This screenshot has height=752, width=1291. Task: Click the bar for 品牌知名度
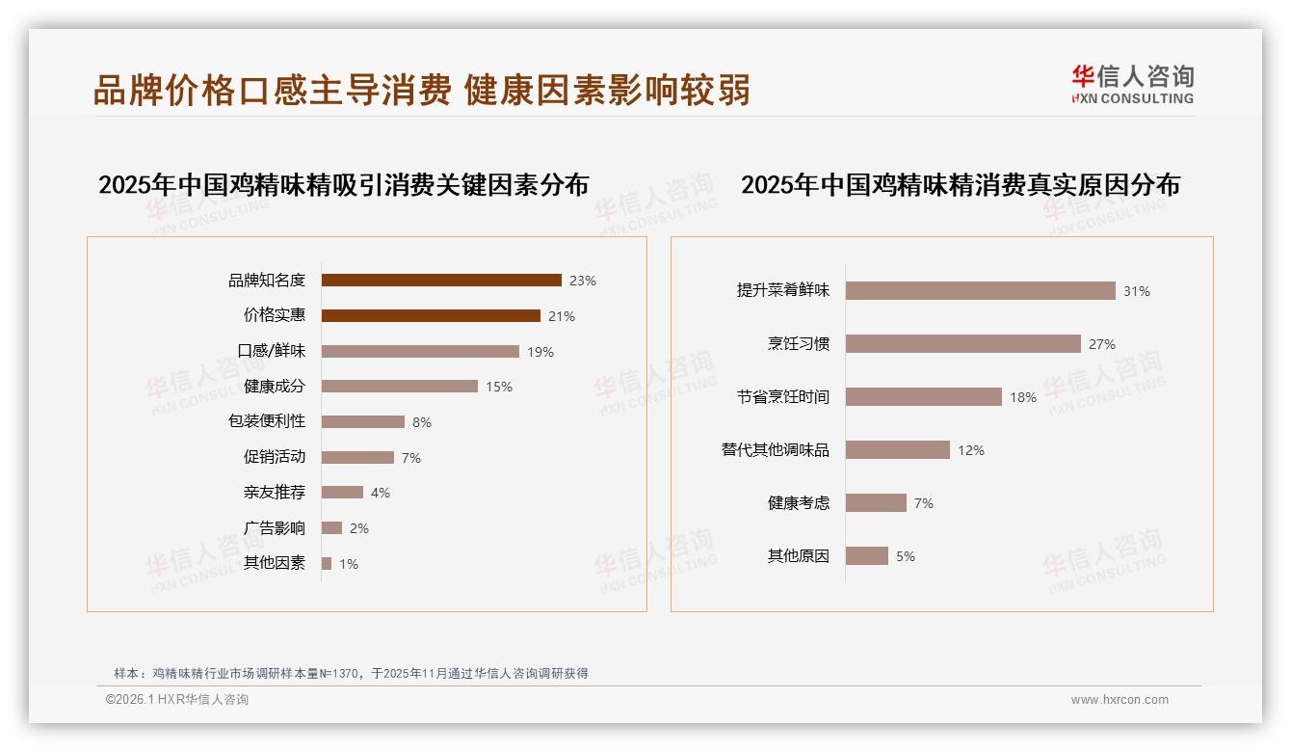[x=441, y=281]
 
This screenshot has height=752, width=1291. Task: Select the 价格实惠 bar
[x=431, y=315]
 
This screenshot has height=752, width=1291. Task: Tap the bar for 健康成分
[x=400, y=387]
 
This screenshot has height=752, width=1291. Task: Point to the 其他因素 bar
[x=327, y=563]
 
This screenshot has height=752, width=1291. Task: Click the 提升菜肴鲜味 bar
[x=981, y=290]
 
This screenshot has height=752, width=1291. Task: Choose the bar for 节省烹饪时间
[x=924, y=396]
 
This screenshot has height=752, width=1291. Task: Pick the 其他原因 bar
[x=867, y=556]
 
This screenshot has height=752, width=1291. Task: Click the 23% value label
[x=583, y=282]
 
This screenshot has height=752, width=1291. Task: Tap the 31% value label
[x=1137, y=291]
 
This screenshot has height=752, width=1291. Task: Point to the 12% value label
[x=971, y=450]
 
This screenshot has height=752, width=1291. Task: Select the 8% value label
[x=421, y=422]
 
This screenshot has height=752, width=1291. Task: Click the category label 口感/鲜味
[x=272, y=351]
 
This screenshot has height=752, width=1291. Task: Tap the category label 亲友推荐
[x=275, y=493]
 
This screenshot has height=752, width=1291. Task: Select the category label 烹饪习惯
[x=799, y=344]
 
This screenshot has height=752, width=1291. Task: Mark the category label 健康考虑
[x=799, y=503]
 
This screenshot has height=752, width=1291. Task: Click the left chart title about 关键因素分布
[x=343, y=185]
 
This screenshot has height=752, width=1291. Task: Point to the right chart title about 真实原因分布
[x=960, y=185]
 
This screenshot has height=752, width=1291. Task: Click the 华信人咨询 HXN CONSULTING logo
[x=1132, y=84]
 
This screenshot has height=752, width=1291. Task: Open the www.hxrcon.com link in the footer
[x=1120, y=700]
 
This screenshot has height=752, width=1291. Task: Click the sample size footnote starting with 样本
[x=351, y=674]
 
